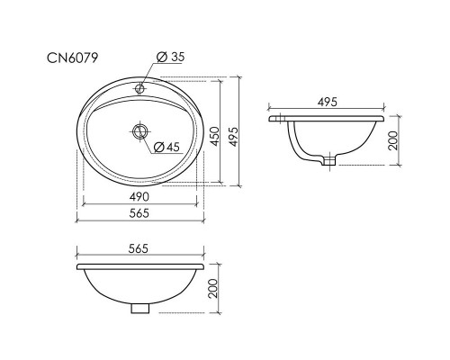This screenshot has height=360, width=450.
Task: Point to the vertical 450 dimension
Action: tap(215, 135)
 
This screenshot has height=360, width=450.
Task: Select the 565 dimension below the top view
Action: tap(138, 212)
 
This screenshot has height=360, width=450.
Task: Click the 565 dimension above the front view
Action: tap(138, 248)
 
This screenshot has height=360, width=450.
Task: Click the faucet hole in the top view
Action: tap(139, 89)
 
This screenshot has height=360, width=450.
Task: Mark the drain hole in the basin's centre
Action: tap(139, 131)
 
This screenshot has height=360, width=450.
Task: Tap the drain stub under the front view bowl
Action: tap(138, 309)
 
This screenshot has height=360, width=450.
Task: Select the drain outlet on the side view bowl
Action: tap(330, 163)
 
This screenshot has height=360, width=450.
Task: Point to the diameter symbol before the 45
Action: tap(157, 147)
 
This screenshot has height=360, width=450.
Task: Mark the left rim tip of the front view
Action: tap(77, 268)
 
